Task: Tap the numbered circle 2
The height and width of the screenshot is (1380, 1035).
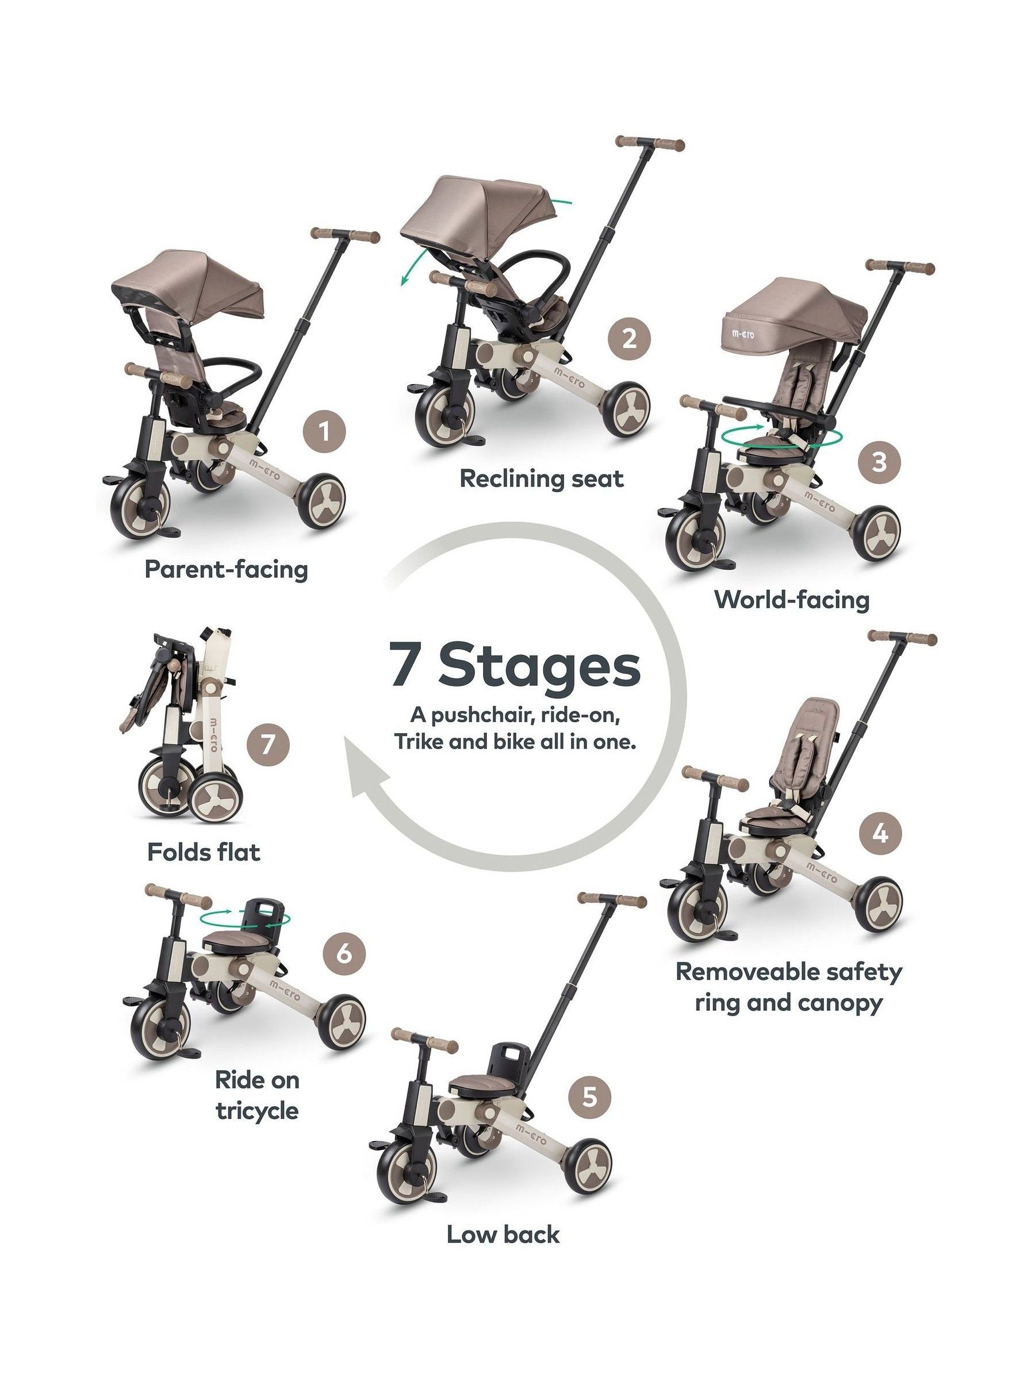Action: (629, 340)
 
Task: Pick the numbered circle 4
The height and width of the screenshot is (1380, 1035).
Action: (879, 833)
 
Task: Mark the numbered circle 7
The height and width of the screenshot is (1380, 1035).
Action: (266, 745)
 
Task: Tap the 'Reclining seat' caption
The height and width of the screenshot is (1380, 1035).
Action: (542, 479)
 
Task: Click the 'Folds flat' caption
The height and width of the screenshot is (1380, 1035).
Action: (204, 852)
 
